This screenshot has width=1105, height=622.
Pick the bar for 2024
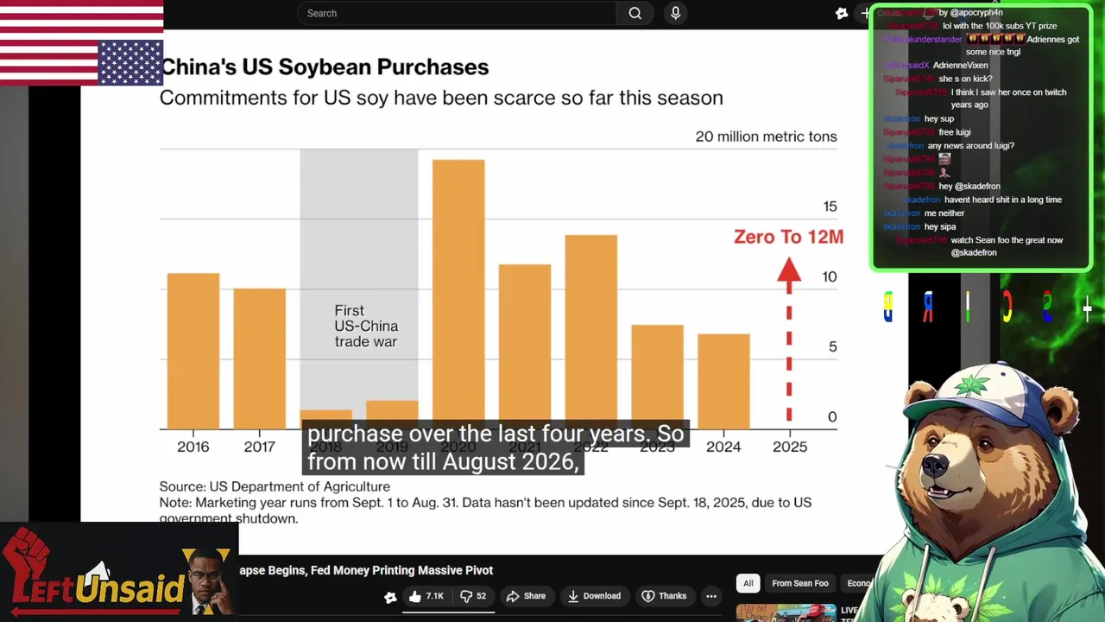coord(723,380)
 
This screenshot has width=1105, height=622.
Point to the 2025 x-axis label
coord(789,447)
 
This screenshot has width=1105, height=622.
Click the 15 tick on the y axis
coord(830,206)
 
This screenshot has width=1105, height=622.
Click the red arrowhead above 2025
coord(788,271)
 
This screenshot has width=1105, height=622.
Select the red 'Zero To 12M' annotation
coord(788,237)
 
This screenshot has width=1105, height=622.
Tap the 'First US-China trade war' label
coord(366,326)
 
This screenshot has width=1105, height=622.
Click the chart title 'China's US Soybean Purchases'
coord(325,67)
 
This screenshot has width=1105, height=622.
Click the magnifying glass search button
coord(635,13)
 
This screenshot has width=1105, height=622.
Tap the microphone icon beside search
coord(675,13)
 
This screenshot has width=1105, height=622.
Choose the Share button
coord(526,596)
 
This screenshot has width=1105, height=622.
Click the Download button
coord(594,596)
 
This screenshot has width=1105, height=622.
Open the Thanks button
coord(664,596)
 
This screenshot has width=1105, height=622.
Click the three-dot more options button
coord(711,596)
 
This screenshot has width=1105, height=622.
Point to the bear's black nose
coord(933,467)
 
